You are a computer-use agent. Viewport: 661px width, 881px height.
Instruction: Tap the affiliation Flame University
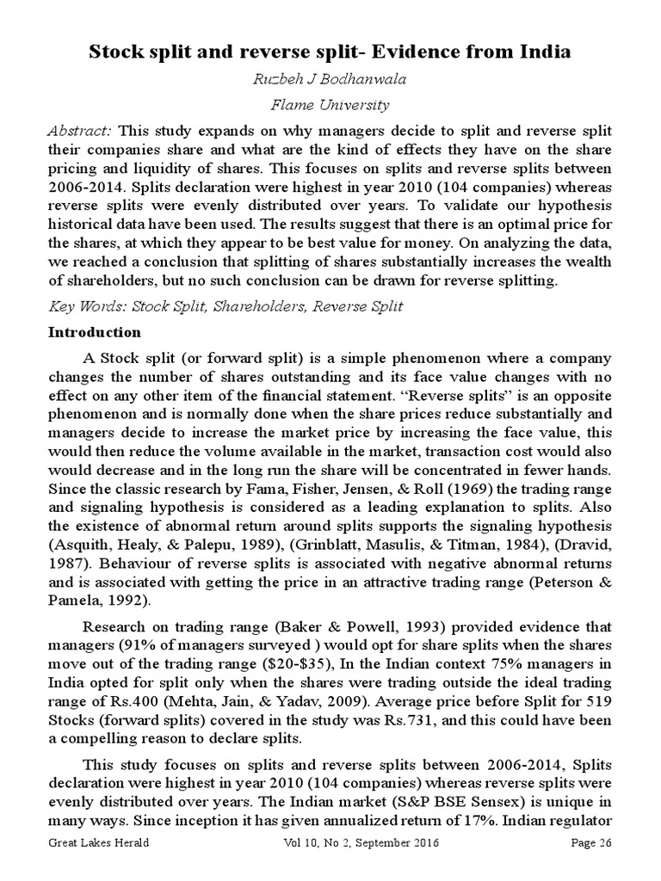(330, 106)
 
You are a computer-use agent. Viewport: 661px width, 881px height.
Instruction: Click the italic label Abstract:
(81, 131)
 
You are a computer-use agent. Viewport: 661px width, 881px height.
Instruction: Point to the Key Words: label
(83, 306)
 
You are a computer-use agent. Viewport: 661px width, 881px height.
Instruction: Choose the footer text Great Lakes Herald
(98, 844)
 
